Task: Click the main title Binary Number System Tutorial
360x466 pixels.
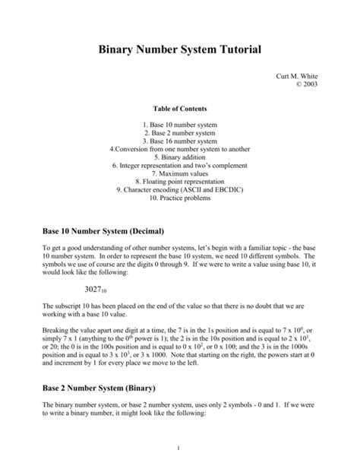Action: [180, 49]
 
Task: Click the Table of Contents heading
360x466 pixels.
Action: [180, 109]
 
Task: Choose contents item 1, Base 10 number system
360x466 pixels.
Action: [180, 124]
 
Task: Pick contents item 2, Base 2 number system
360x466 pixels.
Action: [180, 132]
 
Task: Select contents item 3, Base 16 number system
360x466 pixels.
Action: [180, 141]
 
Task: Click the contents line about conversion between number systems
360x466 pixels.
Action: [180, 149]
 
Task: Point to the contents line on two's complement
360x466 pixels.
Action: [180, 165]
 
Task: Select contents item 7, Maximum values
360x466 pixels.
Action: [180, 173]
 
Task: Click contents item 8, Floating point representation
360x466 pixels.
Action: [180, 182]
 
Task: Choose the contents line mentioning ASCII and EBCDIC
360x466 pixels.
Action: [180, 190]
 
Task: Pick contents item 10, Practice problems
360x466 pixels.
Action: [180, 198]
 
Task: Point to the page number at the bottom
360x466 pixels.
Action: [180, 446]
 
